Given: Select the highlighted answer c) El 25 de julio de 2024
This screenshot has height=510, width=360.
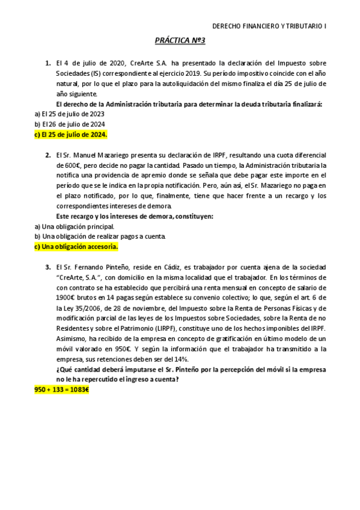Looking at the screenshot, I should [x=70, y=134].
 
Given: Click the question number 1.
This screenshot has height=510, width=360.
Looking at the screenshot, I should [x=47, y=63].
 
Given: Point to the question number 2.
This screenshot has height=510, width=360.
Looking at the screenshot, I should [x=47, y=155].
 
